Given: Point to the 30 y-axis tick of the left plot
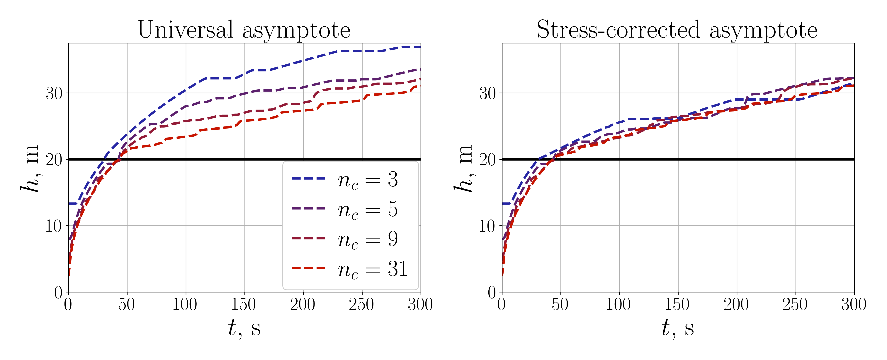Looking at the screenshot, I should click(x=54, y=93).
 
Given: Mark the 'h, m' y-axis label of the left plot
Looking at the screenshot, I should click(x=30, y=168).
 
